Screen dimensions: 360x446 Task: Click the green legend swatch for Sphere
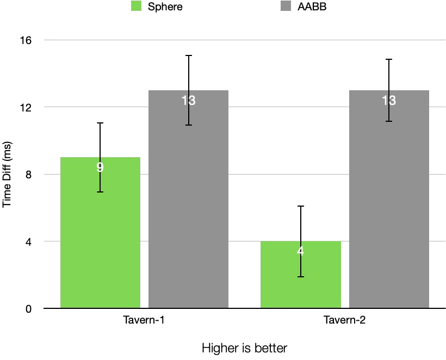tap(136, 7)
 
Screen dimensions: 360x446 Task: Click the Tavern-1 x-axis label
tap(144, 320)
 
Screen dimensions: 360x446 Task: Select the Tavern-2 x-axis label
tap(345, 320)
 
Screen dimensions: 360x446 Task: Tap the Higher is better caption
tap(244, 347)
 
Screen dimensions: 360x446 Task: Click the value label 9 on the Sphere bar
tap(100, 167)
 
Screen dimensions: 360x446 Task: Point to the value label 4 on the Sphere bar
tap(301, 251)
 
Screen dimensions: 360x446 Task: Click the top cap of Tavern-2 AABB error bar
tap(389, 59)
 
